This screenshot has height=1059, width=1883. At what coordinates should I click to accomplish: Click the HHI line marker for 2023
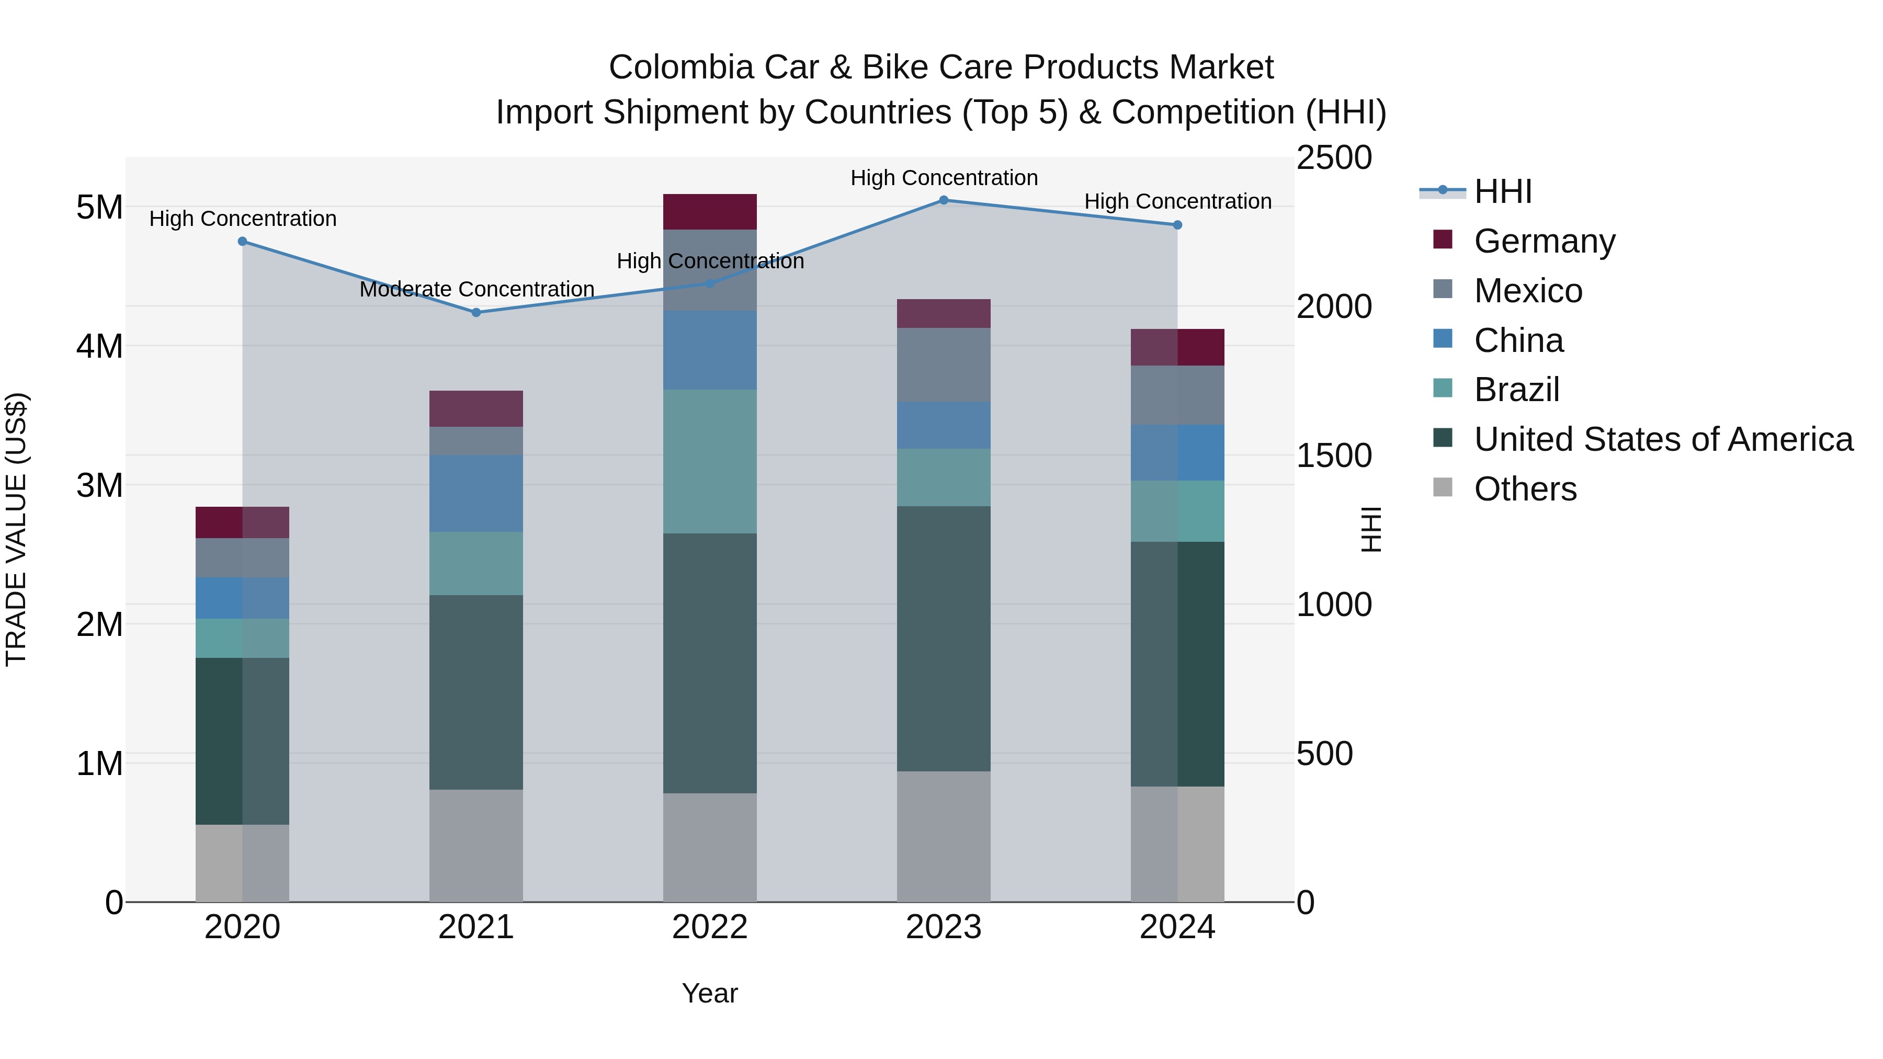943,200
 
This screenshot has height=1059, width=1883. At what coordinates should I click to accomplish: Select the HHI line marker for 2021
476,312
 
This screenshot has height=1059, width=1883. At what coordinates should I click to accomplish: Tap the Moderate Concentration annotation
477,289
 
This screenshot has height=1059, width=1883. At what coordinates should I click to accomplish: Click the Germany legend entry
1544,241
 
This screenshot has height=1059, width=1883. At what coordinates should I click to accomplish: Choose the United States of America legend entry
1663,439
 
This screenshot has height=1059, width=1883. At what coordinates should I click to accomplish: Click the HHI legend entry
1502,191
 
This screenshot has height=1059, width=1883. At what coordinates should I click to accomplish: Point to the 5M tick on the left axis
99,208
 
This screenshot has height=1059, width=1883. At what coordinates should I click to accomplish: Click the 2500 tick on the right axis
1334,158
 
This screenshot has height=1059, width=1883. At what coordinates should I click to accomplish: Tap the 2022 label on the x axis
709,927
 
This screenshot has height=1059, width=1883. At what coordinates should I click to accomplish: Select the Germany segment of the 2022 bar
709,212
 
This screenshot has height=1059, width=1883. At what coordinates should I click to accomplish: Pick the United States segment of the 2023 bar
943,638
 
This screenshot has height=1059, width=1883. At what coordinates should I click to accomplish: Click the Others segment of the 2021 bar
476,845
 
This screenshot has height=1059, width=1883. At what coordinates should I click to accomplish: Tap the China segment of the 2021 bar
476,493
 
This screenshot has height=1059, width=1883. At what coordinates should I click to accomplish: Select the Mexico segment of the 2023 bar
943,364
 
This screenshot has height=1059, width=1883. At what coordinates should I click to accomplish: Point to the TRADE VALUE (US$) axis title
16,529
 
